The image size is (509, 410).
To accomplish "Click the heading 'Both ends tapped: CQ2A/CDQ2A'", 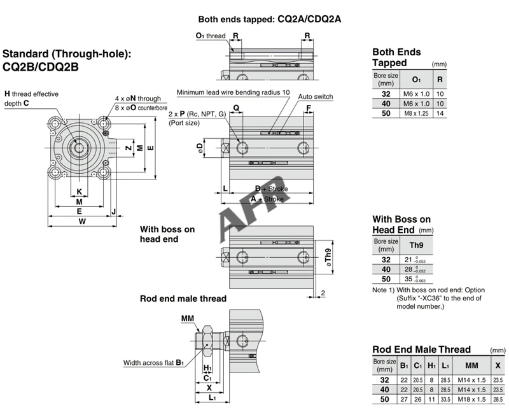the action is click(269, 19).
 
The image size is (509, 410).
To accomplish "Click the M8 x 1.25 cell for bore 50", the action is click(416, 113).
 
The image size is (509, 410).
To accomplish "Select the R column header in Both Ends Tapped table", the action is click(440, 80).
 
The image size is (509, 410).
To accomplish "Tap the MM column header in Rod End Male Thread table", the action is click(471, 365).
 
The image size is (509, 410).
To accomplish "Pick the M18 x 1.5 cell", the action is click(471, 399).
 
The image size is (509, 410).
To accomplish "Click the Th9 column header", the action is click(416, 245).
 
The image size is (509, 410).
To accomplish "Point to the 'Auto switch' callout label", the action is click(316, 97).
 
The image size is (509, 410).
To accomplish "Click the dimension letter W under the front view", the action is click(82, 222).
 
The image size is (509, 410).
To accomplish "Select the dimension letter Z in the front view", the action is click(129, 148).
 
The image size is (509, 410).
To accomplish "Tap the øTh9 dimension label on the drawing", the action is click(328, 258).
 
